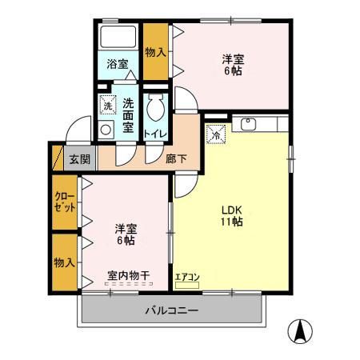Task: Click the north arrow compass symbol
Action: pyautogui.click(x=300, y=329)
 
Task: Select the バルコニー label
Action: pyautogui.click(x=171, y=310)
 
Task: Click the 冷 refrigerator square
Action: pyautogui.click(x=215, y=135)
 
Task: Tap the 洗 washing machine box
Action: pyautogui.click(x=107, y=105)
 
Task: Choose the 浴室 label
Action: pyautogui.click(x=118, y=64)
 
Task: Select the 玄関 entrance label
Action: pyautogui.click(x=78, y=158)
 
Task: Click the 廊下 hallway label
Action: pyautogui.click(x=177, y=158)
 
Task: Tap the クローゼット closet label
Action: pyautogui.click(x=65, y=202)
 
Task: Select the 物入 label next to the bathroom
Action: pyautogui.click(x=155, y=52)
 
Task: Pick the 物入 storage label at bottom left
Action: pyautogui.click(x=65, y=262)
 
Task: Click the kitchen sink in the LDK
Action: pyautogui.click(x=247, y=125)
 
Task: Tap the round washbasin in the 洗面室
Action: pyautogui.click(x=107, y=128)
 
